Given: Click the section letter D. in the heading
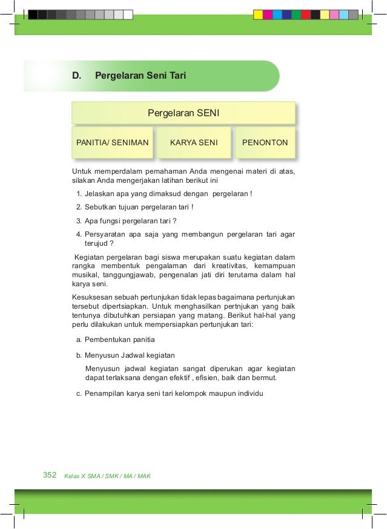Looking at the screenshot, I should [x=76, y=76].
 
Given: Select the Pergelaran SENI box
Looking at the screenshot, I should [x=184, y=113].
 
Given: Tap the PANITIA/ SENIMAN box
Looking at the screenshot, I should [x=113, y=143].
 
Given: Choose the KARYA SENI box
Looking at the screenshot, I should [x=193, y=143].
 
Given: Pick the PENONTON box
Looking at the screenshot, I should [x=265, y=143].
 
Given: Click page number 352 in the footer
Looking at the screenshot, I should [x=50, y=475].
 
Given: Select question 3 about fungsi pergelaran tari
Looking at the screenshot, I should [x=130, y=220].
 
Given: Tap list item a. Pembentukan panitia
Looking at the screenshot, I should [x=119, y=340].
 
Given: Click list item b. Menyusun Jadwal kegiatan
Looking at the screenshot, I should [x=130, y=355].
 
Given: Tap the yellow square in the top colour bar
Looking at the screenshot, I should [x=258, y=15].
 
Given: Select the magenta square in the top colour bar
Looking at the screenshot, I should [x=268, y=15].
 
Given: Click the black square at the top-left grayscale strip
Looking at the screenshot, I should [x=33, y=15].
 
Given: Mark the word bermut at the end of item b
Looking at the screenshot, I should [x=264, y=378].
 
